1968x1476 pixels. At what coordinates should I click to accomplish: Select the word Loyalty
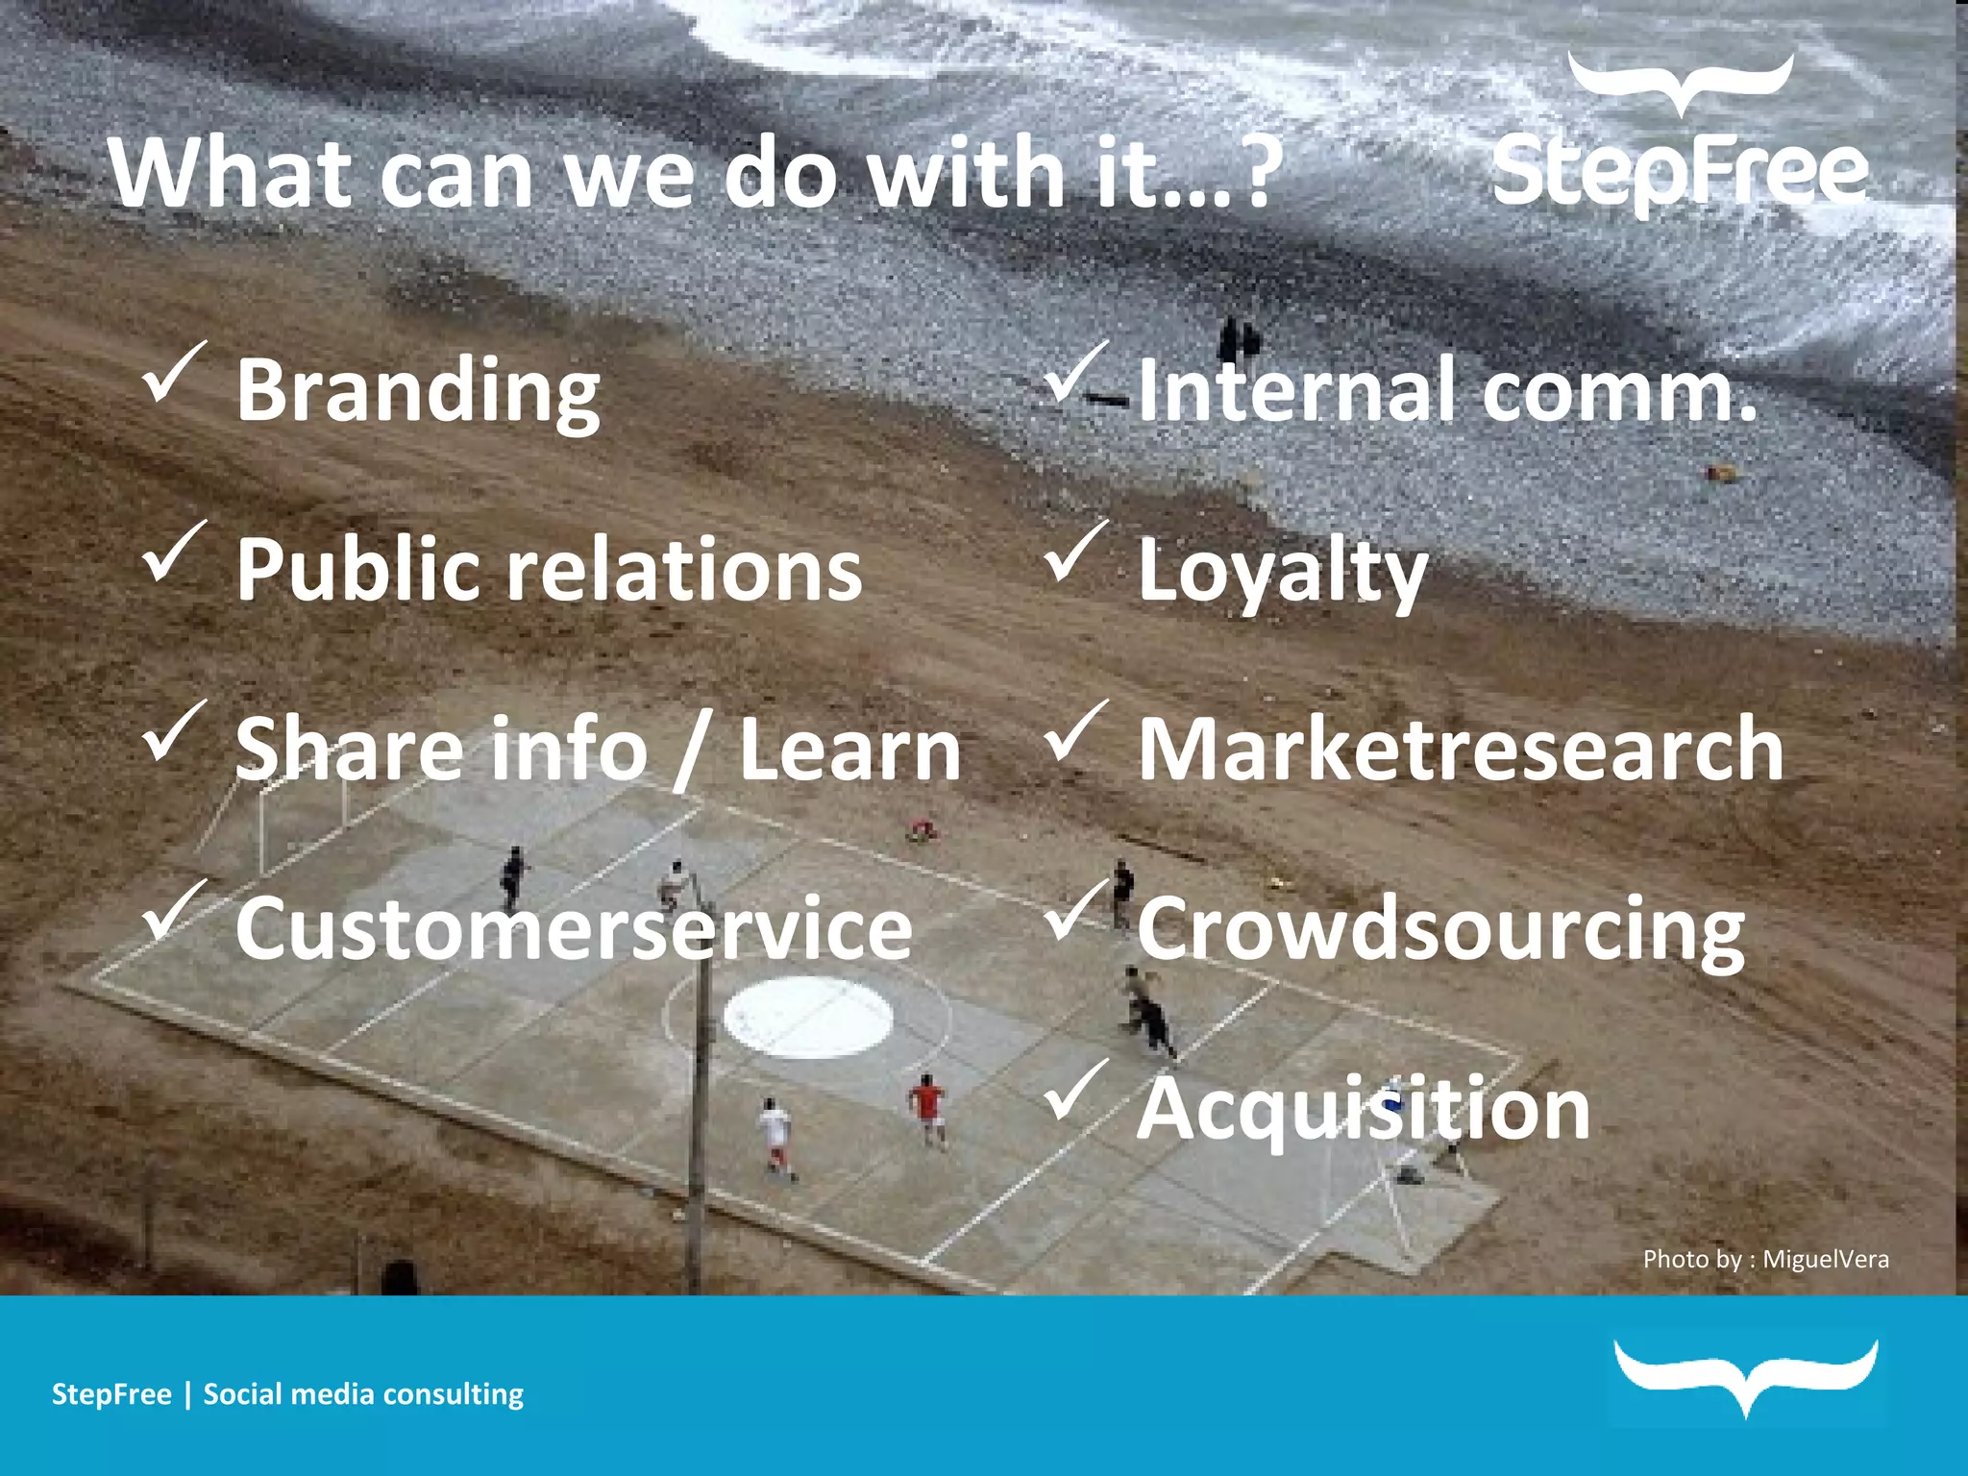click(x=1282, y=573)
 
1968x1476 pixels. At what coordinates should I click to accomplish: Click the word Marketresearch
click(x=1460, y=750)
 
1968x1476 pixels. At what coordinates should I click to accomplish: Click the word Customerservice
click(x=574, y=928)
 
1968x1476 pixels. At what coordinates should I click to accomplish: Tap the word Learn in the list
click(x=849, y=750)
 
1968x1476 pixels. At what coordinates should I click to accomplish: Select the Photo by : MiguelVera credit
click(x=1765, y=1259)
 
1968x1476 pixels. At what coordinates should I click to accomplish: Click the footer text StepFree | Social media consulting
click(x=287, y=1394)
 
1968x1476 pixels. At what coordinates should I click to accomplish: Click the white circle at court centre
click(x=808, y=1017)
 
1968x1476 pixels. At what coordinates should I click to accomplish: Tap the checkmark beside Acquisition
click(x=1075, y=1092)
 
